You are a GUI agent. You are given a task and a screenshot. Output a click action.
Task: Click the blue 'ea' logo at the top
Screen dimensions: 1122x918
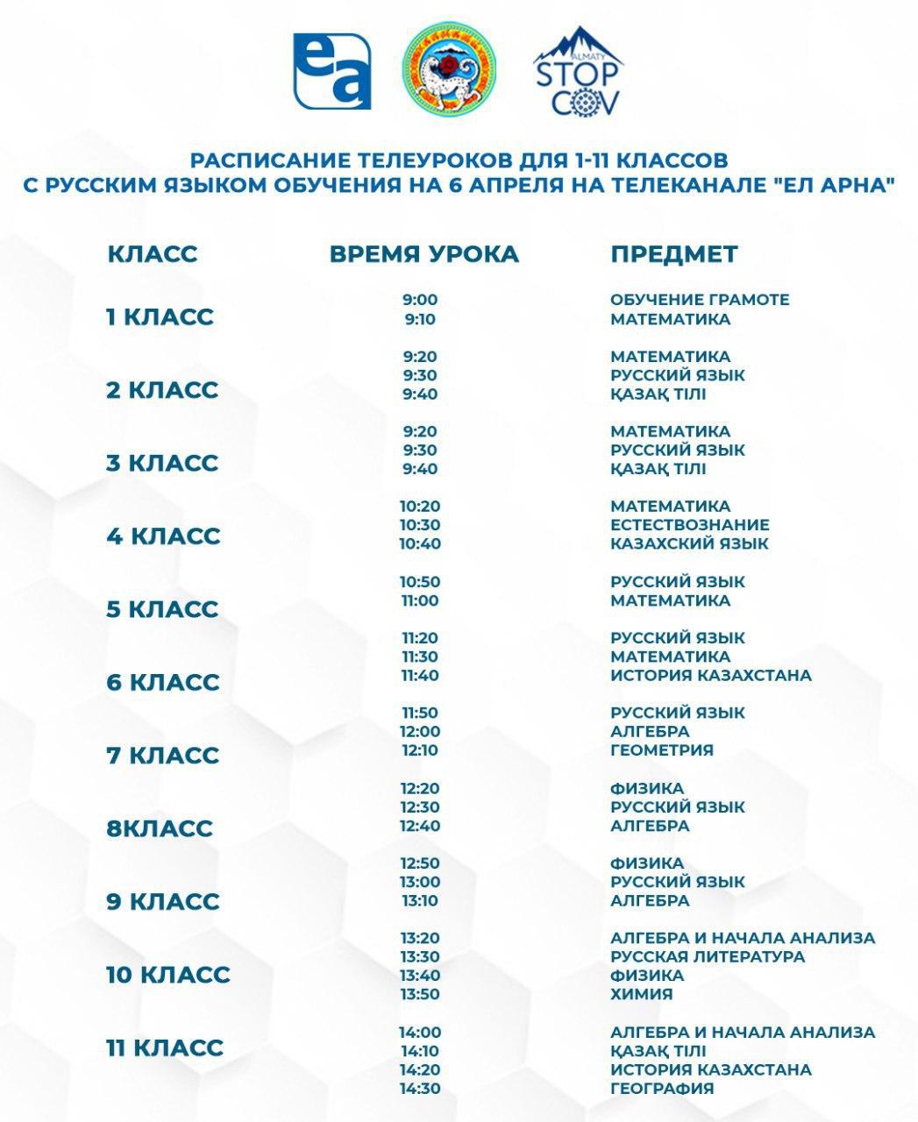(332, 71)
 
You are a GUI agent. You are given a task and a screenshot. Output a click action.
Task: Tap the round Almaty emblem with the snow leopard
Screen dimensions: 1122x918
(449, 71)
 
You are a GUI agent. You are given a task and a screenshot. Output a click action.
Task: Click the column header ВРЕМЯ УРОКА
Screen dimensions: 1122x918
(424, 254)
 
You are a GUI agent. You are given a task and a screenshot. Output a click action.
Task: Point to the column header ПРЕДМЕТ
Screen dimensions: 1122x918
(674, 254)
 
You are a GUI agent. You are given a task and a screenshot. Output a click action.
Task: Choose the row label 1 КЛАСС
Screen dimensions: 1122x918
(160, 316)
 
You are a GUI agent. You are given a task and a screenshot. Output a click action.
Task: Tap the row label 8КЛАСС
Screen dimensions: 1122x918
(160, 828)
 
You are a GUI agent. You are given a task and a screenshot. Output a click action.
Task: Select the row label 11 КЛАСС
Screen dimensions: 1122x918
(165, 1047)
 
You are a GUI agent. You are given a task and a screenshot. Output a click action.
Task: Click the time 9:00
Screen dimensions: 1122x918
(420, 300)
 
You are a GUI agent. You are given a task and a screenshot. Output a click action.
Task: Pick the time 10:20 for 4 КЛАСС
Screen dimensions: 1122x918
(420, 507)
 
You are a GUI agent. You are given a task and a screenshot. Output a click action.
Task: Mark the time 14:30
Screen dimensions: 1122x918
(420, 1089)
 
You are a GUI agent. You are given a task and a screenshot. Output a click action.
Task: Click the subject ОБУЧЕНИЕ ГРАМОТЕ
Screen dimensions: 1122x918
(700, 300)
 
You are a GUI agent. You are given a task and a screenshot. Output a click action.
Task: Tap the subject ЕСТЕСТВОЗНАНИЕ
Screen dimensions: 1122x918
(690, 525)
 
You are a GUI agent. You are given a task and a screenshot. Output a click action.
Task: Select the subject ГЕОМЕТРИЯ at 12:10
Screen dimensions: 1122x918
(662, 750)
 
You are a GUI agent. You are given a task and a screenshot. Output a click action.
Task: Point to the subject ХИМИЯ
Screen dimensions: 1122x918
(642, 994)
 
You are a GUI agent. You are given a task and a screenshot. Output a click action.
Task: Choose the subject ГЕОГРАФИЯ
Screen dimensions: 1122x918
(662, 1089)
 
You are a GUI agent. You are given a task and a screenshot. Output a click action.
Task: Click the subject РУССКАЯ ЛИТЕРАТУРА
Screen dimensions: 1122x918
(708, 956)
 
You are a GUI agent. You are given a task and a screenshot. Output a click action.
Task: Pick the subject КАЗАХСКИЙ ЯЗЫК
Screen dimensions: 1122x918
(689, 543)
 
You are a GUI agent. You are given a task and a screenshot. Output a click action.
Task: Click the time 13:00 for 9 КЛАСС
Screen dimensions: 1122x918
(420, 882)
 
